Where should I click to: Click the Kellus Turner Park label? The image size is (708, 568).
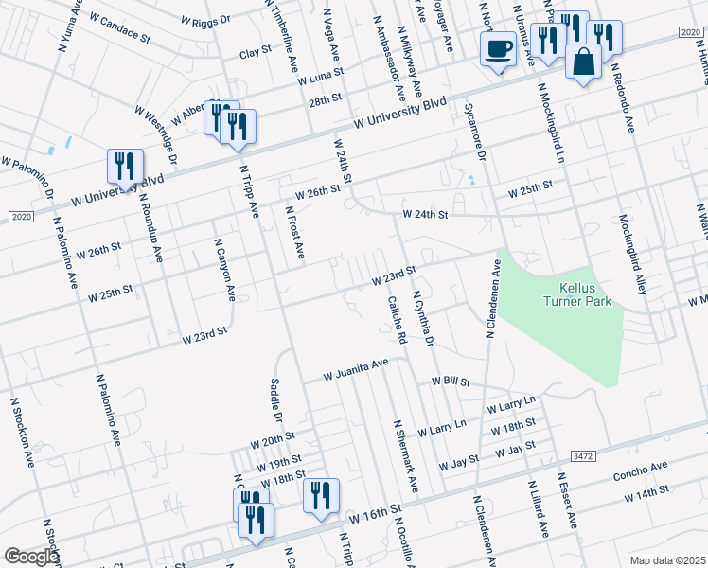point(577,293)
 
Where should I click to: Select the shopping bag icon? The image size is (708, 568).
point(583,62)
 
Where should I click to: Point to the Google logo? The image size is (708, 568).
point(30,557)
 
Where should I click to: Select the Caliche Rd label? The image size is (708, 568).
point(396,320)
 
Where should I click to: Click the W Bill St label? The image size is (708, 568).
point(451,381)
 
